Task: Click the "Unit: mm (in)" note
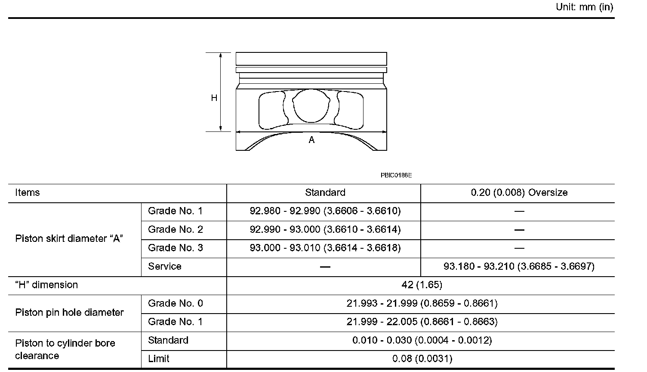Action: click(584, 7)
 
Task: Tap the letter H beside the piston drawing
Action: click(214, 98)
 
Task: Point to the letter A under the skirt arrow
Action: click(311, 140)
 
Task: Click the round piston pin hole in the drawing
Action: click(311, 106)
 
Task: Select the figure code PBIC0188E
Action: click(396, 175)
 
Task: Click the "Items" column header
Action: click(28, 193)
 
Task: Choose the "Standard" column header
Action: click(325, 193)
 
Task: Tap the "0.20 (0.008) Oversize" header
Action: click(519, 193)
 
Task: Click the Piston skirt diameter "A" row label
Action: click(69, 239)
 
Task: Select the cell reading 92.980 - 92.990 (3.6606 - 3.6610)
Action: click(325, 211)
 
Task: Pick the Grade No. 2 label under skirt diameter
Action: click(176, 230)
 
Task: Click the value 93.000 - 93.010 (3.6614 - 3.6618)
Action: click(325, 248)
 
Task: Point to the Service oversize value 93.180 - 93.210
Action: click(519, 267)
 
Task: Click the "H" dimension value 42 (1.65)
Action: click(422, 285)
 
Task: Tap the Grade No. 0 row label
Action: click(176, 304)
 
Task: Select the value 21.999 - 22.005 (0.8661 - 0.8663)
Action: click(422, 322)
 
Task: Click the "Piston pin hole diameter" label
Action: click(69, 313)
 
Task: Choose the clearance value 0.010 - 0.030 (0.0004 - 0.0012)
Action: click(422, 341)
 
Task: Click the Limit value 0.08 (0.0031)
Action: click(422, 359)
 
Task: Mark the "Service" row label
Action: click(165, 267)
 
